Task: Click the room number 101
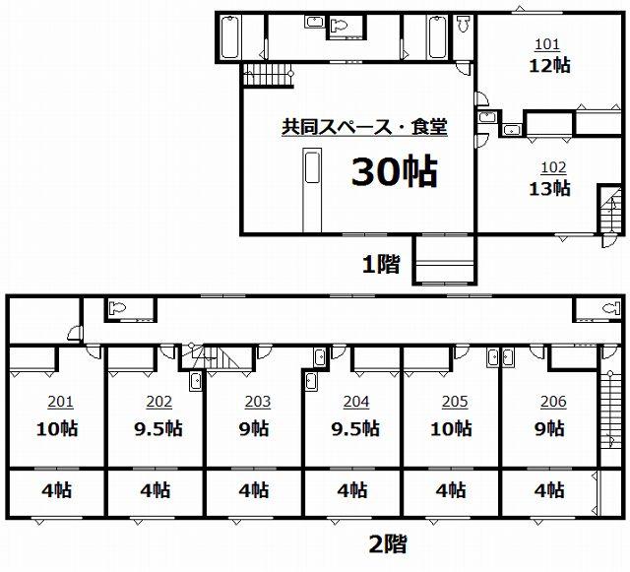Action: point(547,44)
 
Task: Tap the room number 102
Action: point(553,167)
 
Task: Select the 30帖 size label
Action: point(395,171)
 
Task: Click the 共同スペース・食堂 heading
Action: point(364,127)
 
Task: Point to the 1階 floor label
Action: point(381,265)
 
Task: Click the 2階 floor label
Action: point(388,543)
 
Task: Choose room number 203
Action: point(258,402)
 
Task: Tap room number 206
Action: point(553,402)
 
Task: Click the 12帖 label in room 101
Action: point(549,66)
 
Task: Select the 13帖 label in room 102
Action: point(549,188)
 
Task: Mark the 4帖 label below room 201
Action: point(57,490)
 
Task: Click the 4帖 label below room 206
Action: point(549,490)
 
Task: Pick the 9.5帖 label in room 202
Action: point(158,429)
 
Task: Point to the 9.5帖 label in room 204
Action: point(355,429)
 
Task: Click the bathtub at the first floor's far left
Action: point(230,37)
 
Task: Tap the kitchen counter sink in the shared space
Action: point(313,166)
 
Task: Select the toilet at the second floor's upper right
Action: point(611,308)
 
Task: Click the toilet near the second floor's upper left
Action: point(118,308)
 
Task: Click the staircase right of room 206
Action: point(610,406)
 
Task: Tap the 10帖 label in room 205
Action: point(451,429)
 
